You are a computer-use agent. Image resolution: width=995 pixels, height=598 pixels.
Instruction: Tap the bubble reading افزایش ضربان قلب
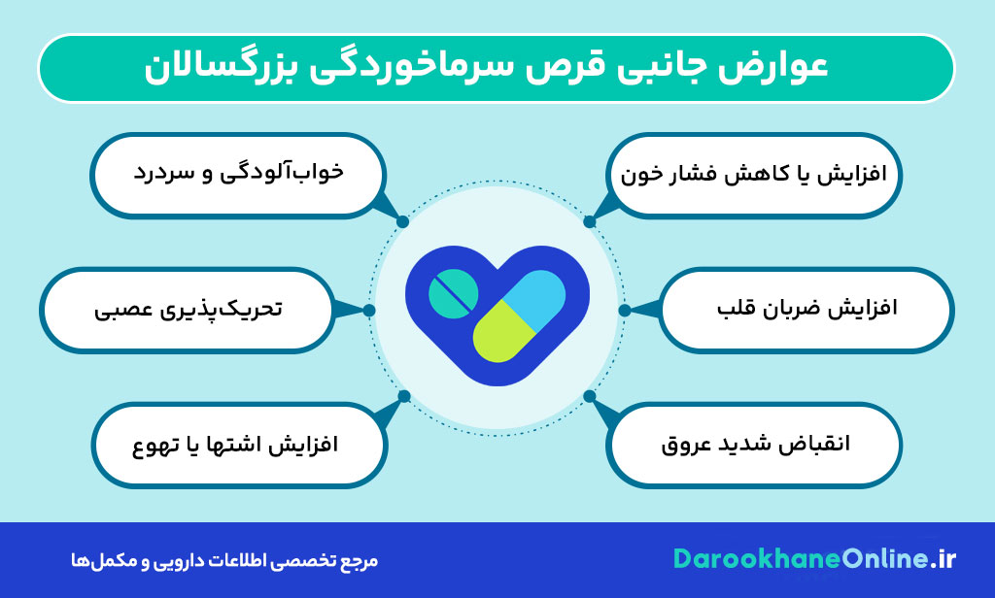806,311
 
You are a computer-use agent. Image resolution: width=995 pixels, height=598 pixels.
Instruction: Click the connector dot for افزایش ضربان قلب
624,311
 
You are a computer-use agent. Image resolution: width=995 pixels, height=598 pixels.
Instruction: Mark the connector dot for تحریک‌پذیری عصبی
370,310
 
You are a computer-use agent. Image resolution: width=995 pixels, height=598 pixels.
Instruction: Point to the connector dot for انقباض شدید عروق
590,396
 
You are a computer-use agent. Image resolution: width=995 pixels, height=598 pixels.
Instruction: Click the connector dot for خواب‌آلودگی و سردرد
402,221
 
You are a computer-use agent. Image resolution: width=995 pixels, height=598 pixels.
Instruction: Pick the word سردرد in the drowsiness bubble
161,172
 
